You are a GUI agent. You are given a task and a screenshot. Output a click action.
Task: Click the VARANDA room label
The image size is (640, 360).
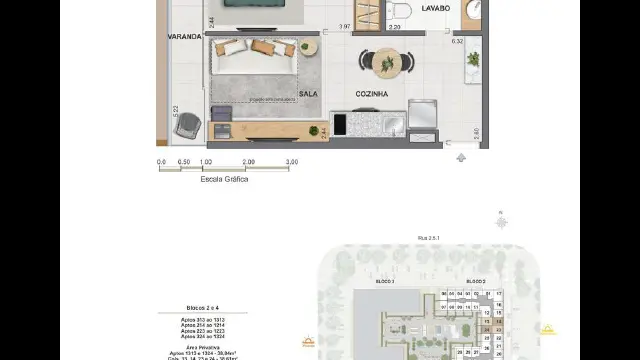(x=186, y=36)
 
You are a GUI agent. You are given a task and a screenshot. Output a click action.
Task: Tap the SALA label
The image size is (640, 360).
(x=308, y=92)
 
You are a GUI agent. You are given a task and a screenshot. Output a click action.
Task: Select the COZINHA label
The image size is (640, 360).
(x=371, y=93)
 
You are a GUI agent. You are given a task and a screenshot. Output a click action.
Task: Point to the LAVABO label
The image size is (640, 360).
(x=435, y=8)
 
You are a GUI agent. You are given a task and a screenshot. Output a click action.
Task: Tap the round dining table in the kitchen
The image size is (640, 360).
(x=386, y=62)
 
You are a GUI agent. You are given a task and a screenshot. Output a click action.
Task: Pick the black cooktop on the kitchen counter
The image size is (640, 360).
(x=339, y=125)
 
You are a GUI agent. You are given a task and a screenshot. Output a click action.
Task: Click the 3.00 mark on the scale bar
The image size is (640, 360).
(x=292, y=161)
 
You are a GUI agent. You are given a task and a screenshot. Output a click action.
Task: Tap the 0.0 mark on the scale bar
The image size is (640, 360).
(x=161, y=161)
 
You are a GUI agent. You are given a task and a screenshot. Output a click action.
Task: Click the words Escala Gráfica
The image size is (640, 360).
(x=224, y=179)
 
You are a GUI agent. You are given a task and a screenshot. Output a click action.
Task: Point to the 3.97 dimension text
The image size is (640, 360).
(x=344, y=26)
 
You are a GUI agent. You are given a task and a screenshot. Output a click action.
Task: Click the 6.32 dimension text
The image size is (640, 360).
(x=457, y=41)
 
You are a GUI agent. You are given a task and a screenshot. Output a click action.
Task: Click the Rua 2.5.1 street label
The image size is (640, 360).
(x=429, y=238)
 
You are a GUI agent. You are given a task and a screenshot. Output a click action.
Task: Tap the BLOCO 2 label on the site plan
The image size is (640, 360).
(x=474, y=282)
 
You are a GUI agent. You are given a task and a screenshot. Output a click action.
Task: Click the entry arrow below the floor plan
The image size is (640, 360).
(x=460, y=157)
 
